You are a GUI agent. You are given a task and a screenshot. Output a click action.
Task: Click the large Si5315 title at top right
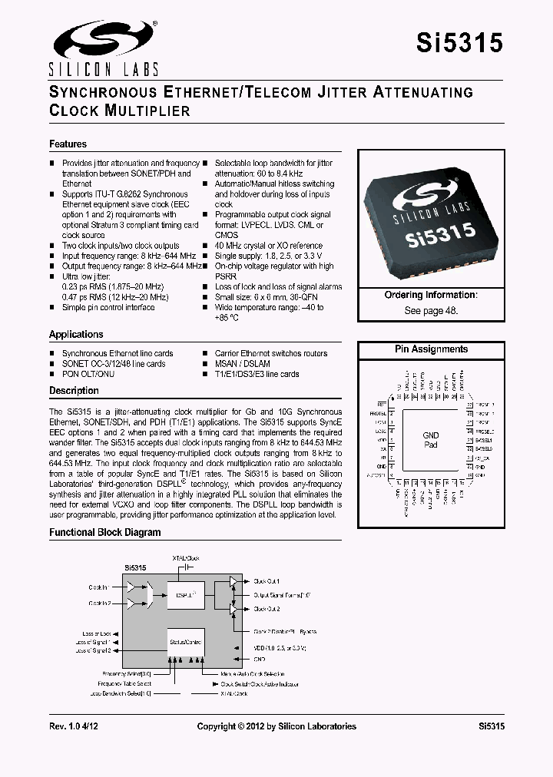(x=459, y=44)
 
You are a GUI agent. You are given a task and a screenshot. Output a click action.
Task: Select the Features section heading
(x=68, y=144)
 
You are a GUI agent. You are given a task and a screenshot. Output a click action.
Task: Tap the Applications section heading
(x=76, y=334)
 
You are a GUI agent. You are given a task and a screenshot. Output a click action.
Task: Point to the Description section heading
(x=74, y=391)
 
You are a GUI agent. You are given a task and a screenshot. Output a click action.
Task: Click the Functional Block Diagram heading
(x=105, y=532)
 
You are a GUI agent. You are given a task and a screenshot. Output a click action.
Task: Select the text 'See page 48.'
(x=430, y=311)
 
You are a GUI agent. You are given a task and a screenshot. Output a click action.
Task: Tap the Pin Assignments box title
(x=431, y=349)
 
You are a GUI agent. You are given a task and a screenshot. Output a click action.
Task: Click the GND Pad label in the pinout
(x=431, y=440)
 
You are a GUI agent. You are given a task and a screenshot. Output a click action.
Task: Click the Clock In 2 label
(x=99, y=603)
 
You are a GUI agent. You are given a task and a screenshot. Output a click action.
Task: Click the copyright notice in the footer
(x=276, y=726)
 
